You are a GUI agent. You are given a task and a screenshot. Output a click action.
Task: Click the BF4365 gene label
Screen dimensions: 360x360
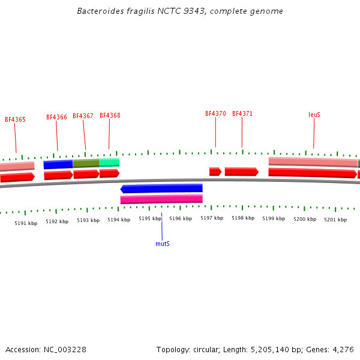15,120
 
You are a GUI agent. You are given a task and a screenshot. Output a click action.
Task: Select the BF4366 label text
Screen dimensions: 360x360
56,118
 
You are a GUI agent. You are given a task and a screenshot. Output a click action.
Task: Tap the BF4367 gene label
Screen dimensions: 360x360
83,116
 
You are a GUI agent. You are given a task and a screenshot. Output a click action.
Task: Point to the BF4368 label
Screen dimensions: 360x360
110,116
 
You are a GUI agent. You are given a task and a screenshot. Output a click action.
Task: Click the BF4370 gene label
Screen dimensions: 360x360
215,114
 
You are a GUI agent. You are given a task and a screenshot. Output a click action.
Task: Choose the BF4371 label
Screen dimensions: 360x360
242,114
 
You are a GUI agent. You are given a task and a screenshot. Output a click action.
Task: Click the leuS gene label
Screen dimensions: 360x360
314,115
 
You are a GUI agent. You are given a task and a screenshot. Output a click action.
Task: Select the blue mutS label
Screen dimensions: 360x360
162,244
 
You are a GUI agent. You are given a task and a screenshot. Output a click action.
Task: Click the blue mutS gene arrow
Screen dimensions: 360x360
161,188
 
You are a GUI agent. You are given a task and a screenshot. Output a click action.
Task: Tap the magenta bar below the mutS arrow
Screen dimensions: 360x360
161,199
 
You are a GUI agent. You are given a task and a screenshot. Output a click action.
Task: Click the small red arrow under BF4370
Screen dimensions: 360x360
215,172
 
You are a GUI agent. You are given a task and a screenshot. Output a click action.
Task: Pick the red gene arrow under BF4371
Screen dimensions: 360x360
241,172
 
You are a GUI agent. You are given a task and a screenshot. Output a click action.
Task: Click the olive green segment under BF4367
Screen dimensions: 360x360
86,163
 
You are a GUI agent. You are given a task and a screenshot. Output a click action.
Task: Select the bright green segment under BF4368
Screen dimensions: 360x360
109,162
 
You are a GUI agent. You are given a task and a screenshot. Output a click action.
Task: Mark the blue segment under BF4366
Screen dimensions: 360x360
58,164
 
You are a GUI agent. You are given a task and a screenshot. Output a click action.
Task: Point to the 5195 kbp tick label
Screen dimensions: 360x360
149,219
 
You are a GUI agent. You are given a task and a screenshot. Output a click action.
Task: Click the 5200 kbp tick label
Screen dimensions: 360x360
304,220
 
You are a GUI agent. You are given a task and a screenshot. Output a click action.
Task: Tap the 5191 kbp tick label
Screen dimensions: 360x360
26,223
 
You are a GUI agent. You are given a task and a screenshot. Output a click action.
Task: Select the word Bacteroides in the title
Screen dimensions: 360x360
97,11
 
